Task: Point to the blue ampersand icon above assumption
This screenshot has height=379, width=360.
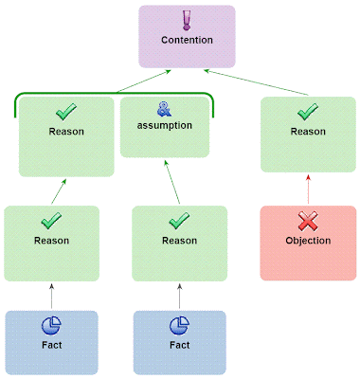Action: pos(166,110)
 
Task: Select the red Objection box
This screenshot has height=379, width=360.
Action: pos(308,243)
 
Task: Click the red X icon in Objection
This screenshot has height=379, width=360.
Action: pos(308,223)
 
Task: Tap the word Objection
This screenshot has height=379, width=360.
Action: pos(308,241)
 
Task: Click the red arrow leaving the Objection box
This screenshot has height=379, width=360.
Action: pos(308,189)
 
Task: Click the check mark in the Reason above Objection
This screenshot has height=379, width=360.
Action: pos(308,114)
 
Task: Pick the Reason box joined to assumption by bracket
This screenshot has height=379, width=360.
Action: pos(66,137)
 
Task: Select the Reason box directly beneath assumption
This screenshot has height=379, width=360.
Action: pos(179,243)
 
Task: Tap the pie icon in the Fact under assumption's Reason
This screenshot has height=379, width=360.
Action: pos(179,327)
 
